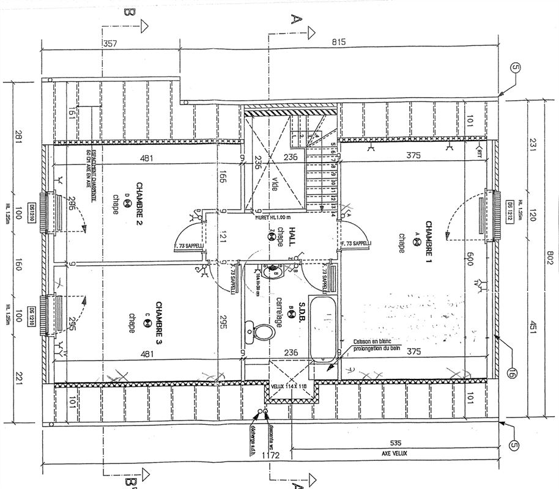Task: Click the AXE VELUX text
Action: coord(394,454)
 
